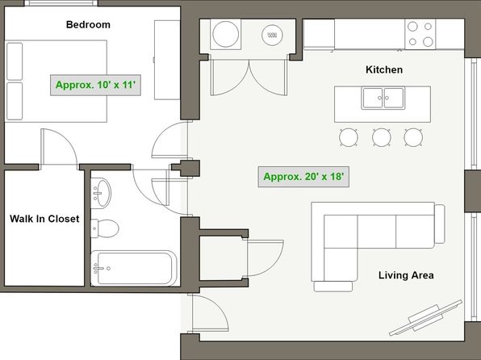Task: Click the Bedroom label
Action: pyautogui.click(x=88, y=24)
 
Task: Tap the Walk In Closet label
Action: pyautogui.click(x=44, y=219)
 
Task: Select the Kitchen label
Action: pyautogui.click(x=384, y=69)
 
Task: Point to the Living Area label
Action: pyautogui.click(x=406, y=275)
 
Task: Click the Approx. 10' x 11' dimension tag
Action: pyautogui.click(x=95, y=85)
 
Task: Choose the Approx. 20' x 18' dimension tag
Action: pyautogui.click(x=303, y=177)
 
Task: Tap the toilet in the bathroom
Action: pyautogui.click(x=105, y=228)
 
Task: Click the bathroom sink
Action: pyautogui.click(x=101, y=193)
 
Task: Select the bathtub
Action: pyautogui.click(x=134, y=268)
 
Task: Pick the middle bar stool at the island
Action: pyautogui.click(x=381, y=137)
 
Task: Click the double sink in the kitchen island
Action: pyautogui.click(x=383, y=98)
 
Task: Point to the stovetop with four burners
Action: pyautogui.click(x=420, y=34)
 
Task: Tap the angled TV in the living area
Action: pyautogui.click(x=425, y=318)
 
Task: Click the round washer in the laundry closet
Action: pyautogui.click(x=226, y=34)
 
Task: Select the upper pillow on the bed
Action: pyautogui.click(x=15, y=61)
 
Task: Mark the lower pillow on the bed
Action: pyautogui.click(x=15, y=101)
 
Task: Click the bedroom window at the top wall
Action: pyautogui.click(x=61, y=3)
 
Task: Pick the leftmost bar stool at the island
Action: pyautogui.click(x=349, y=137)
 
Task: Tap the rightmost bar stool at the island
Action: pyautogui.click(x=413, y=137)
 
